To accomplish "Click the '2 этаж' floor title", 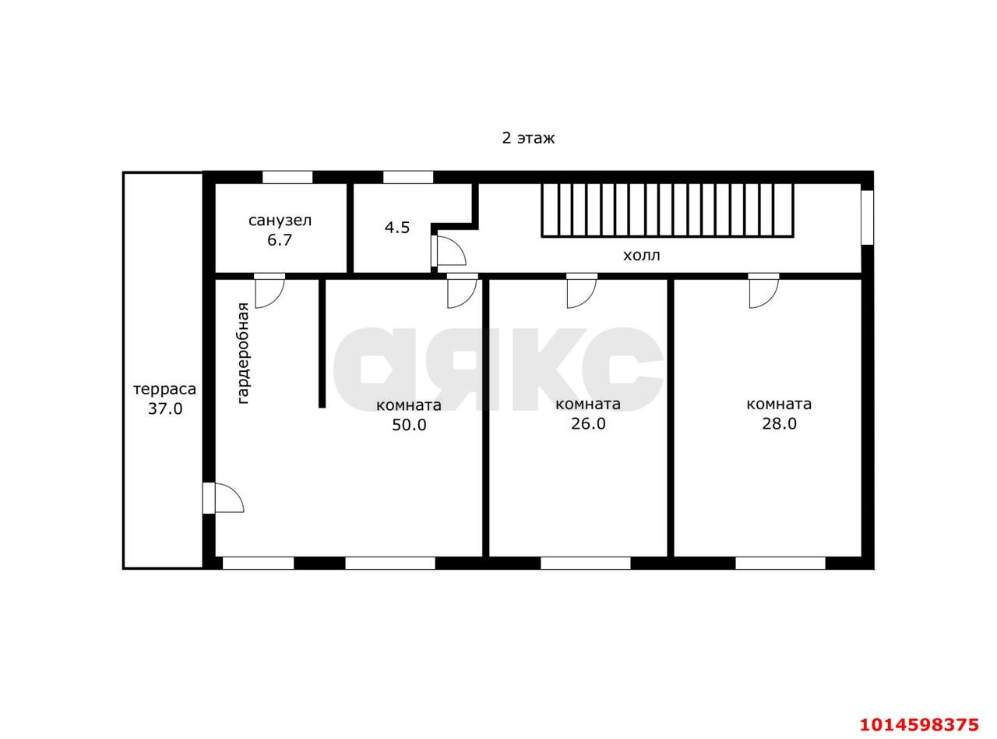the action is pyautogui.click(x=528, y=138).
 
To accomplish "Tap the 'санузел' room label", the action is pyautogui.click(x=280, y=221).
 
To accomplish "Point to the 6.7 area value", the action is pyautogui.click(x=280, y=240).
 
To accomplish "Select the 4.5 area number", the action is pyautogui.click(x=397, y=228).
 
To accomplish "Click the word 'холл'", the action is pyautogui.click(x=642, y=256).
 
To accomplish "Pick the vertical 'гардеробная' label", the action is pyautogui.click(x=243, y=353).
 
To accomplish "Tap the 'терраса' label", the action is pyautogui.click(x=165, y=389).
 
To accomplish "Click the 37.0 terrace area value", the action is pyautogui.click(x=165, y=408).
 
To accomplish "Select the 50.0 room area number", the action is pyautogui.click(x=409, y=425).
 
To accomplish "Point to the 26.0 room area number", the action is pyautogui.click(x=588, y=423).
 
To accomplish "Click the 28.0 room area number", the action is pyautogui.click(x=779, y=423).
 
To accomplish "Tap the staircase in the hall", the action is pyautogui.click(x=668, y=210).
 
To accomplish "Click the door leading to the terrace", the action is pyautogui.click(x=222, y=498).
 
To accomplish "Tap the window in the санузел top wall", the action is pyautogui.click(x=287, y=177).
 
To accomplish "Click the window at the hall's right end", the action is pyautogui.click(x=868, y=217).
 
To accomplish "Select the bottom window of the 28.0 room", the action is pyautogui.click(x=780, y=563).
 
